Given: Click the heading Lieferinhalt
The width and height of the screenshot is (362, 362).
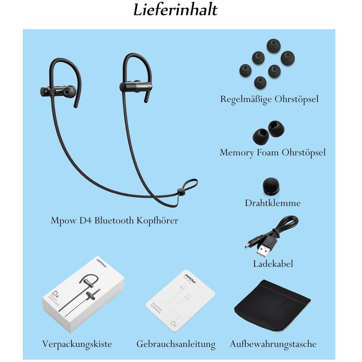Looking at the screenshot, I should [x=176, y=10].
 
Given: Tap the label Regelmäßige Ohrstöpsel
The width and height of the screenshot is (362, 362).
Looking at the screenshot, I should [x=269, y=99].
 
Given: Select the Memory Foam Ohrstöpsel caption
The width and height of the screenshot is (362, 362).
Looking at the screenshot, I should [x=272, y=153].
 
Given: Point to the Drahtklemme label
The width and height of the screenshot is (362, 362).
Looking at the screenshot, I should [x=272, y=203].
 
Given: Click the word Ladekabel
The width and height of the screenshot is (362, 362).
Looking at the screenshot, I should [x=273, y=264].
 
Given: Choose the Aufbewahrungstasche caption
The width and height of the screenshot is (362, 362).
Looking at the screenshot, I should [x=273, y=344].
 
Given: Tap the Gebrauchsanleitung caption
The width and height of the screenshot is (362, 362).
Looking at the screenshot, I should [x=176, y=344].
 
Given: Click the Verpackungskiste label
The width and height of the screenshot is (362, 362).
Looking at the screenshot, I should [x=77, y=344].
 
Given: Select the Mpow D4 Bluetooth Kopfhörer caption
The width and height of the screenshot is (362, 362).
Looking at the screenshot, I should [x=114, y=221].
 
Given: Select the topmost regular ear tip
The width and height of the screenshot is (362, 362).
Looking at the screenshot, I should [x=273, y=46].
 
